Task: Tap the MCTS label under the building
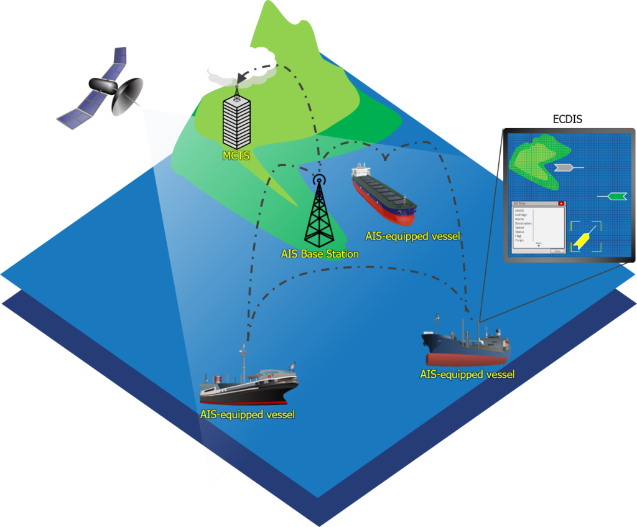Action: [236, 156]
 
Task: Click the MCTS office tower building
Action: [236, 122]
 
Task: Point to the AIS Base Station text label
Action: [320, 254]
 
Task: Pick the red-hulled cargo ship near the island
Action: [383, 195]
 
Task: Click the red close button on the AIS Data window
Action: [561, 203]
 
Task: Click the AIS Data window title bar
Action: [535, 203]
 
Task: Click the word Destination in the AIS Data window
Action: [523, 223]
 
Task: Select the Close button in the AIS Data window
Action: [557, 251]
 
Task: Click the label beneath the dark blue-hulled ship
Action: [467, 375]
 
